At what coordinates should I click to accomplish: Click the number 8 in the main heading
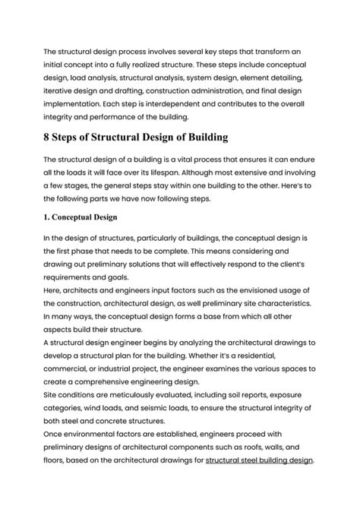(49, 138)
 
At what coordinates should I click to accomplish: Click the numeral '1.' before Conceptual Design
(49, 215)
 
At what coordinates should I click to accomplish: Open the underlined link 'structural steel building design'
(259, 460)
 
